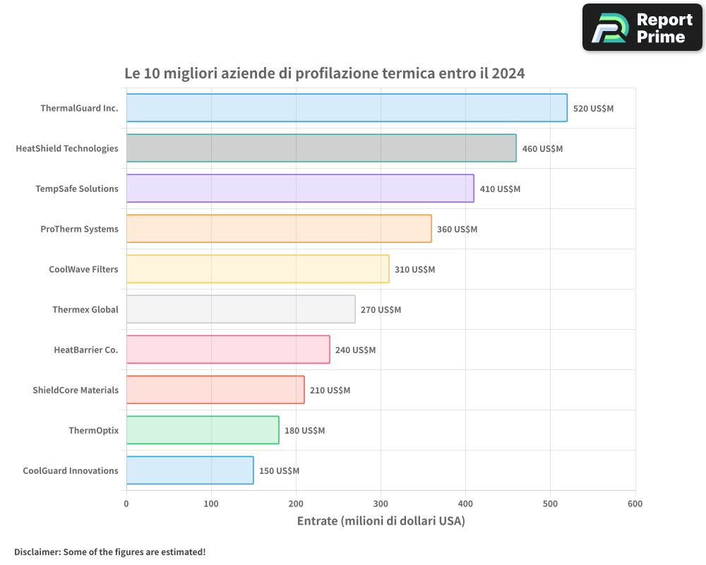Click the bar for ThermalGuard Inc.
[x=347, y=108]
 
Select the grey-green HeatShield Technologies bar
[x=321, y=148]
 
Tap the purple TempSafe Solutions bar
[x=300, y=189]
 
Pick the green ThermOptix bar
[x=203, y=430]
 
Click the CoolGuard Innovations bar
[x=190, y=470]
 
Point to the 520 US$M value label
[x=593, y=108]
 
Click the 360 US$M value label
[x=457, y=229]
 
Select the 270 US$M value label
[x=381, y=309]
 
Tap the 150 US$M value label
[x=279, y=470]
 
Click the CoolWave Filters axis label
[x=83, y=269]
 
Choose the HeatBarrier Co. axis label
[x=86, y=350]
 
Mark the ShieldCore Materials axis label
[x=76, y=390]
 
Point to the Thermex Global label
[x=85, y=309]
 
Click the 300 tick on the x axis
[x=381, y=504]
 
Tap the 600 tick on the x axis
[x=635, y=504]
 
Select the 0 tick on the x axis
[x=126, y=504]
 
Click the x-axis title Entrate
[x=318, y=521]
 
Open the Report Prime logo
[x=642, y=28]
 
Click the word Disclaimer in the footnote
[x=36, y=552]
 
